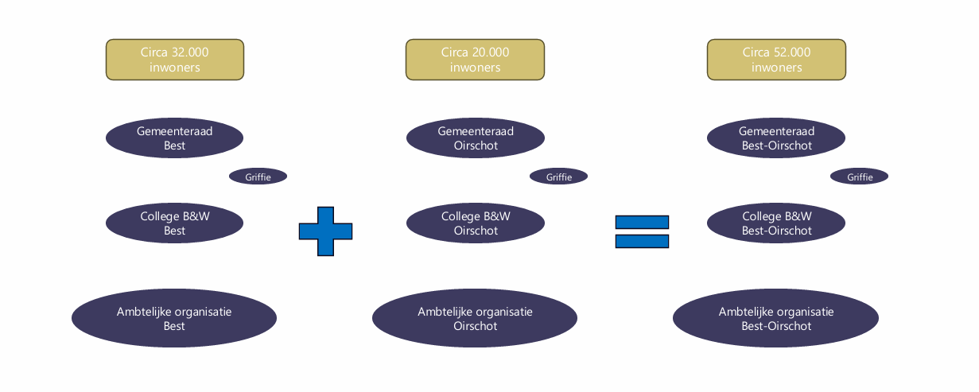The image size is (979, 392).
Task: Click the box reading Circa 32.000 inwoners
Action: [175, 60]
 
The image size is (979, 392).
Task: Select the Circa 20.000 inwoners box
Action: [475, 60]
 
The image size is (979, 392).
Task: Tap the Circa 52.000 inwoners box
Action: [776, 60]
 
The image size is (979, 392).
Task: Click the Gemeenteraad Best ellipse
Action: [174, 138]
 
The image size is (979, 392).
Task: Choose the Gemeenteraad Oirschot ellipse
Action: [476, 138]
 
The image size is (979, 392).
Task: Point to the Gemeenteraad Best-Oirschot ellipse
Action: [776, 138]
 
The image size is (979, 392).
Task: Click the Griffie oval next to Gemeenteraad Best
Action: [258, 177]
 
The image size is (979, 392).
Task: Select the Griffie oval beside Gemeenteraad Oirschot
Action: [558, 177]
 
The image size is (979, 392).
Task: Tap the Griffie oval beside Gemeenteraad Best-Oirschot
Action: [859, 177]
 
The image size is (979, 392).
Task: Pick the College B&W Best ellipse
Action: [174, 223]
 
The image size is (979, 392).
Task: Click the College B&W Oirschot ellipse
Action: [476, 223]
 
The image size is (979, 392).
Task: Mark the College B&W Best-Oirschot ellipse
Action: [776, 223]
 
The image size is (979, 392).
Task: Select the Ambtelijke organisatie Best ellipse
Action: [174, 318]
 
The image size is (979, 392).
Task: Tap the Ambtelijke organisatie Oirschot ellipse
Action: [475, 318]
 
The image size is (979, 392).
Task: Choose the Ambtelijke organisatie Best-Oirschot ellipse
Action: [775, 318]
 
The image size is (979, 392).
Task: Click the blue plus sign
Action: [325, 231]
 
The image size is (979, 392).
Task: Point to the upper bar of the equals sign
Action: [642, 222]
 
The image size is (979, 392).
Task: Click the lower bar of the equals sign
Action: [642, 241]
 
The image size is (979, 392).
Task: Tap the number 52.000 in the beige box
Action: [792, 52]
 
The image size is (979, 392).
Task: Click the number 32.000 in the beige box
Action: [190, 52]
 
